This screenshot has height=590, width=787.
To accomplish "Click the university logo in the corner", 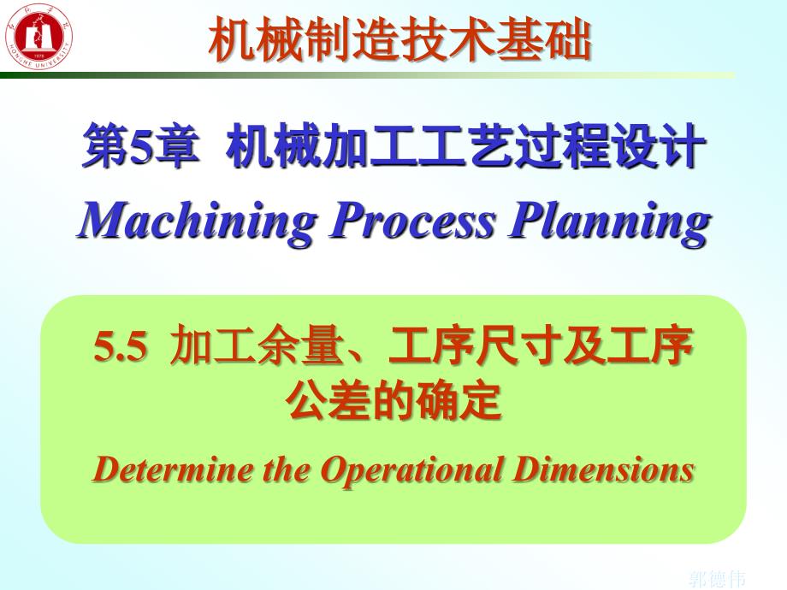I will click(38, 38).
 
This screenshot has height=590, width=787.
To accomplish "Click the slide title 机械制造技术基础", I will click(399, 40).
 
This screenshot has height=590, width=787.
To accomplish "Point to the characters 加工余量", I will click(223, 348).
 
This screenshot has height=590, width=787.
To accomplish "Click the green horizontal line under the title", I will click(368, 75).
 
